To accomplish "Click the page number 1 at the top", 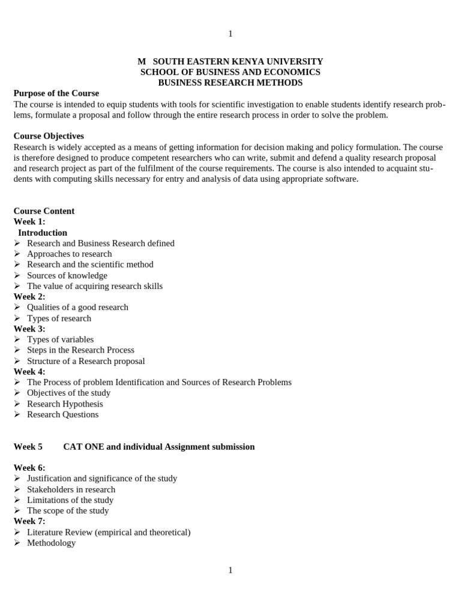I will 230,34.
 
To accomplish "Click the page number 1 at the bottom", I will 230,570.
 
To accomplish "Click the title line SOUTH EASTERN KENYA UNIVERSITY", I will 238,62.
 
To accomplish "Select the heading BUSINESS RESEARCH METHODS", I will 230,83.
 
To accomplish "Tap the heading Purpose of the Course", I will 56,94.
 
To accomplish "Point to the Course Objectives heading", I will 49,136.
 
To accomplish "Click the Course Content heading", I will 44,211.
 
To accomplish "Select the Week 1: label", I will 29,222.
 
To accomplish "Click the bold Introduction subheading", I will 43,233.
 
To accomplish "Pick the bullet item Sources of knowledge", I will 67,275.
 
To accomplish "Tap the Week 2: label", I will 29,296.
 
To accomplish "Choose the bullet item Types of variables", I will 60,339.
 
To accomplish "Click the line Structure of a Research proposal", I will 86,361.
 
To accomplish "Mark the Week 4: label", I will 29,372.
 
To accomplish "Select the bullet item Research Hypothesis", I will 65,404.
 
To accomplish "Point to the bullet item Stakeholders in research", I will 71,489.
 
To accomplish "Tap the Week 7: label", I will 29,521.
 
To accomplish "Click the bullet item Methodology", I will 51,543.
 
